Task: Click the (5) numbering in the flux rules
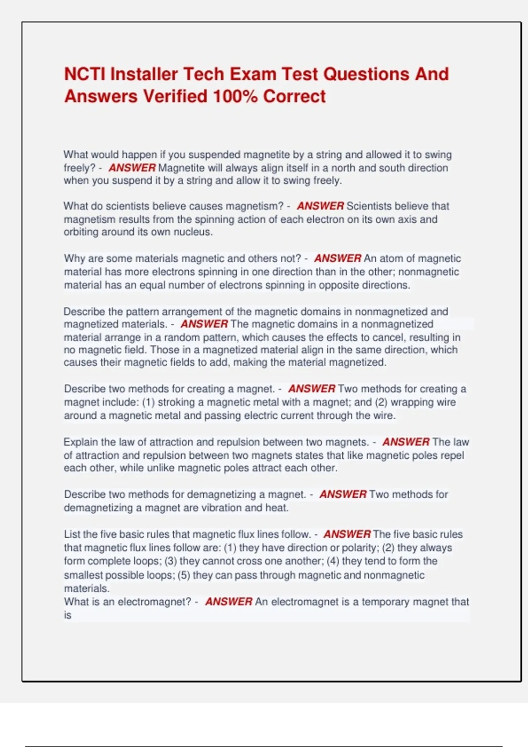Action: tap(183, 575)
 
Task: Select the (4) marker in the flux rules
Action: tap(333, 561)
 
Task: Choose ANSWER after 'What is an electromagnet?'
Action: tap(229, 602)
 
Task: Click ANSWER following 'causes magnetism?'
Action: tap(320, 206)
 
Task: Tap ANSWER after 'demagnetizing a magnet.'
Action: tap(343, 494)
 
